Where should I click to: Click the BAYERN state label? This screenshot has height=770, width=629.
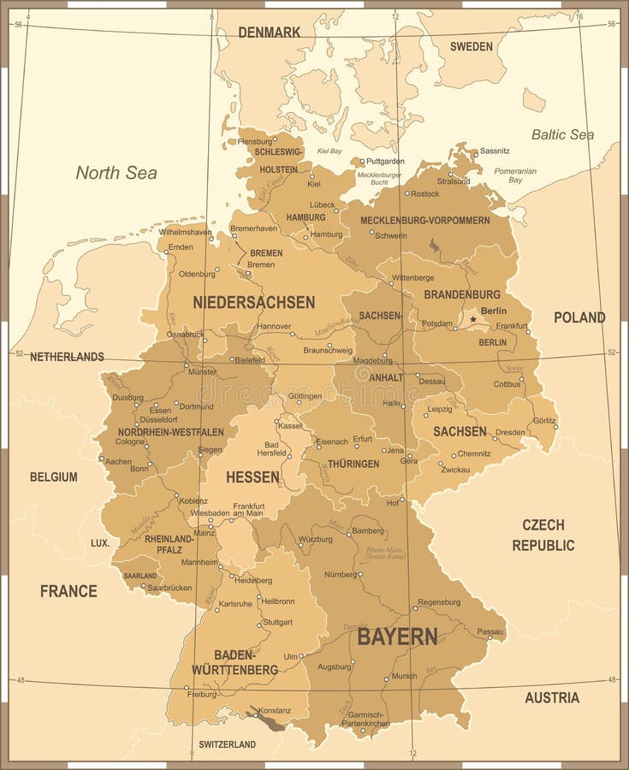point(397,637)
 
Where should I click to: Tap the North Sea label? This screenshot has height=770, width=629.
point(116,173)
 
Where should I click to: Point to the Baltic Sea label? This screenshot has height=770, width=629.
point(562,134)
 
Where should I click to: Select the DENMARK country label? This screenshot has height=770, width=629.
point(269,33)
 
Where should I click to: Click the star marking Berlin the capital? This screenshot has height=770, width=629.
point(472,319)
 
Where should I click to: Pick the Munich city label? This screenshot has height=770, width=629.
point(403,676)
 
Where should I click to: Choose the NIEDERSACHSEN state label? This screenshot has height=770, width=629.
point(253,302)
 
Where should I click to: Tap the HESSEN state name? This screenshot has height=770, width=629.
point(252,477)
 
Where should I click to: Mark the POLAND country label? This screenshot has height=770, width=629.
point(579,317)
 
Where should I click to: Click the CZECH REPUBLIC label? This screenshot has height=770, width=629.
point(543,535)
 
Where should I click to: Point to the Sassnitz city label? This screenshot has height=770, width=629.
point(495,151)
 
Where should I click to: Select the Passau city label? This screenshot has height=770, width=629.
point(490,631)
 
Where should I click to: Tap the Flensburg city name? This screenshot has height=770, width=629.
point(254,141)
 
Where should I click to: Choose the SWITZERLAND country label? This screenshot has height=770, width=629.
point(227,744)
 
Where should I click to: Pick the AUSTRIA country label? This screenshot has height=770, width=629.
point(552,697)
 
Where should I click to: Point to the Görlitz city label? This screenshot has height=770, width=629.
point(543,420)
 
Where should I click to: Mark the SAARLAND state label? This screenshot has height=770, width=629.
point(140,576)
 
